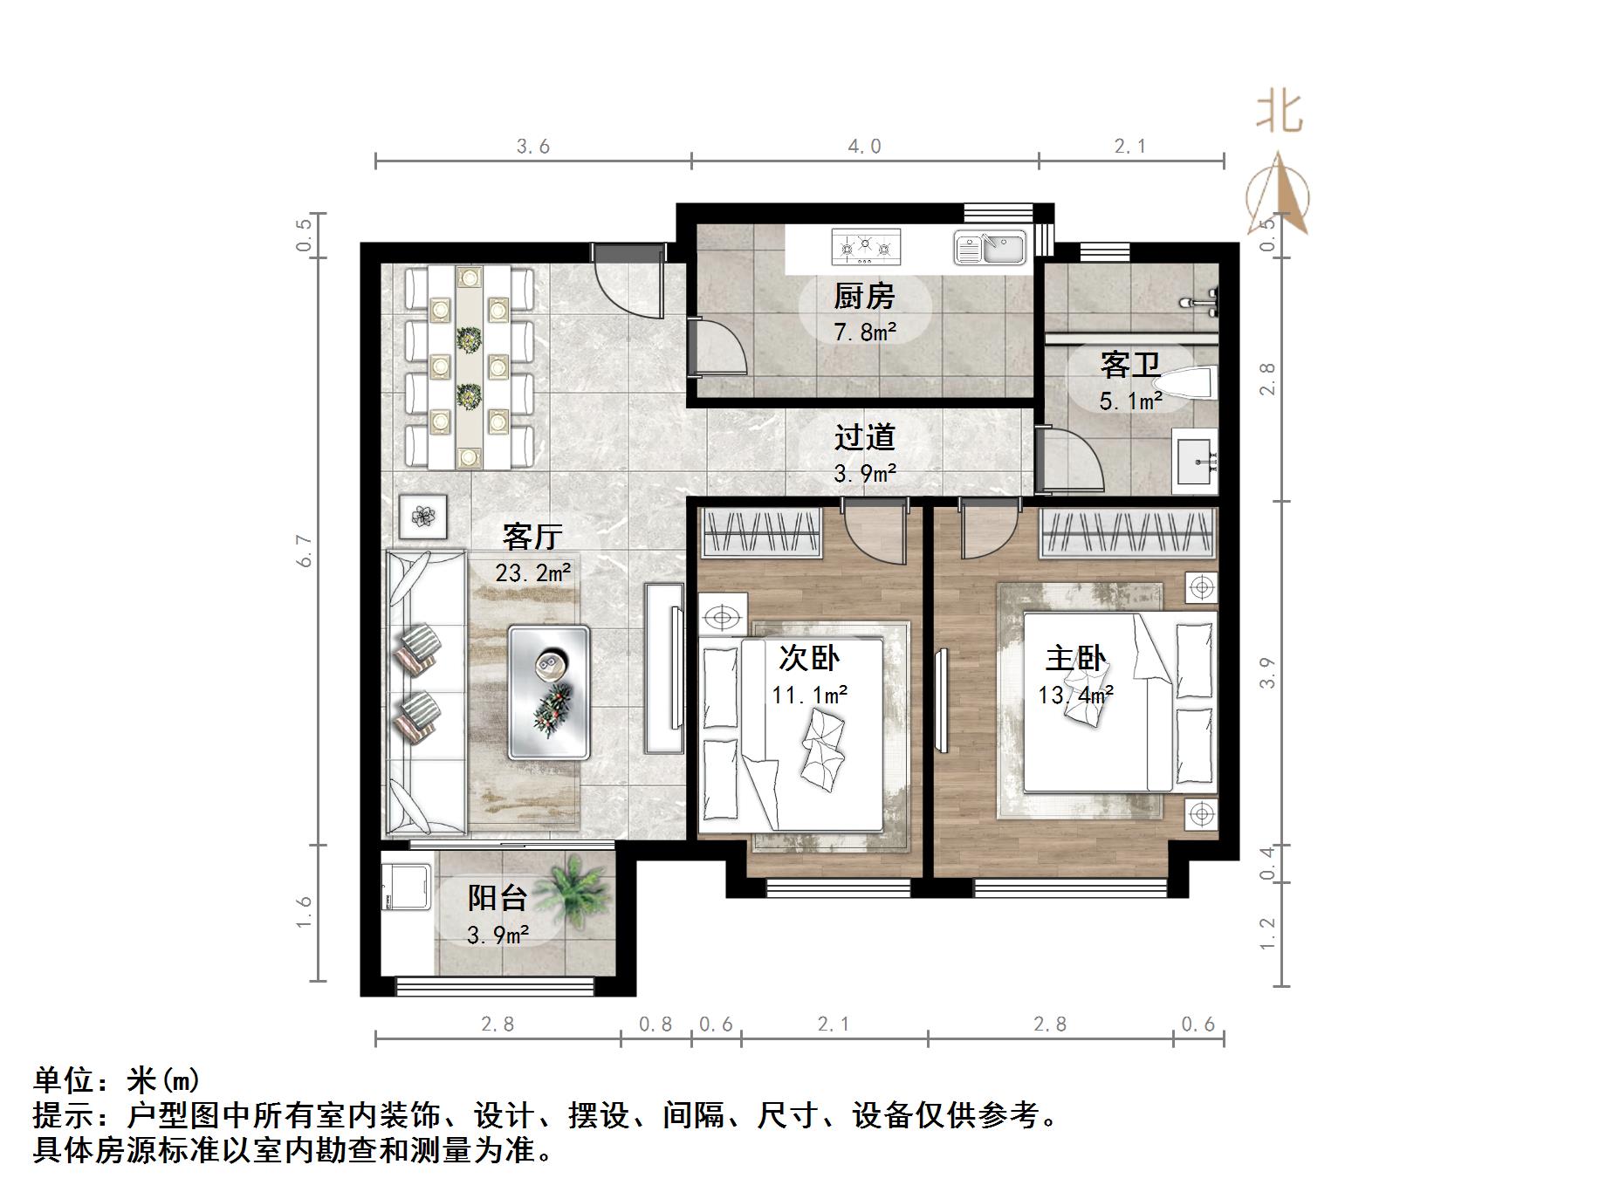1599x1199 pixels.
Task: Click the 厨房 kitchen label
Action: pos(864,297)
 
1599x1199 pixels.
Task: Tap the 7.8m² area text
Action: pos(865,332)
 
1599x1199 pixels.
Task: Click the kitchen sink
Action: pos(991,247)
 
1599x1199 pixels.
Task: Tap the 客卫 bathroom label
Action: pos(1130,365)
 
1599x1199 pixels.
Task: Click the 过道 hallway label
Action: pos(865,436)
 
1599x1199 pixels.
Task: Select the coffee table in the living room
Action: pos(549,691)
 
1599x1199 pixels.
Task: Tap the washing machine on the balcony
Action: pos(406,886)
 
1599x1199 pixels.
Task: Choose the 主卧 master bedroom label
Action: pos(1075,658)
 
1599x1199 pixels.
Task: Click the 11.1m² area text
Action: pos(810,695)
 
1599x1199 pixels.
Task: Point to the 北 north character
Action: pos(1280,113)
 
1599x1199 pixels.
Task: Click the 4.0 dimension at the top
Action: pos(864,147)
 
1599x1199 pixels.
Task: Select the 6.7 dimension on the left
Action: pos(305,551)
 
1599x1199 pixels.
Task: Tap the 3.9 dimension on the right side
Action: pos(1267,672)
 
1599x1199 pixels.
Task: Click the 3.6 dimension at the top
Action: pos(532,147)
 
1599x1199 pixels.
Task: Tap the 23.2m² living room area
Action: pos(532,572)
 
